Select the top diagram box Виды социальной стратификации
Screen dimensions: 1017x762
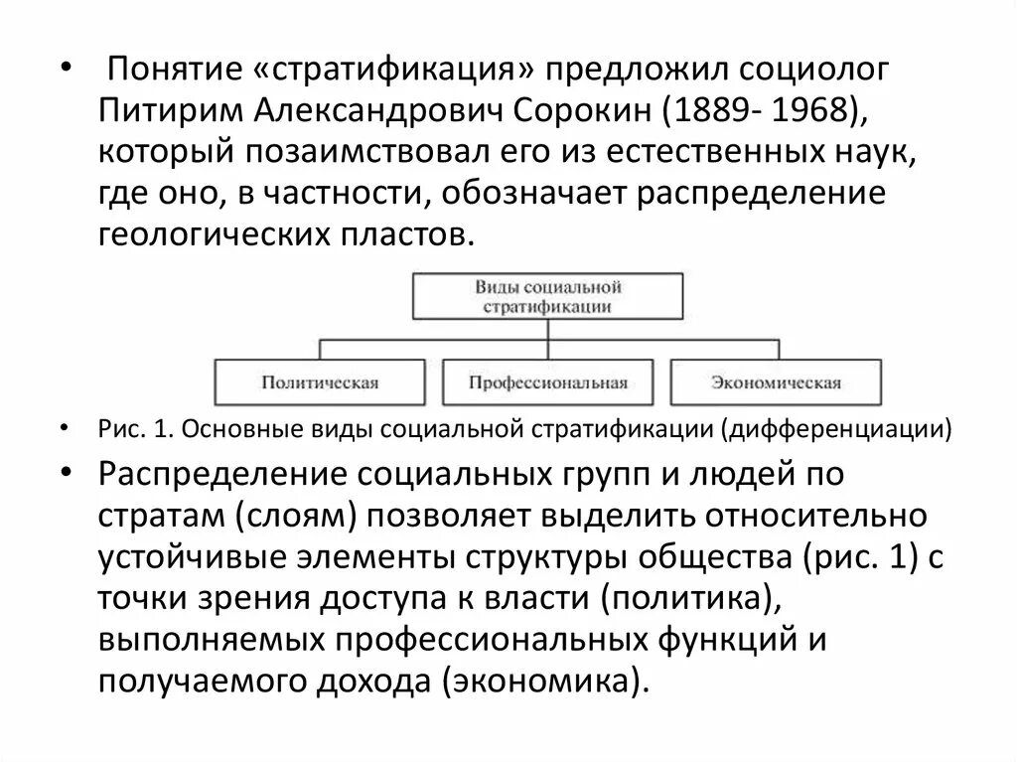(x=547, y=297)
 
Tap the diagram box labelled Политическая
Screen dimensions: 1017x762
(x=321, y=382)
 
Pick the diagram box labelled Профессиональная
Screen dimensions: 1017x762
(x=548, y=382)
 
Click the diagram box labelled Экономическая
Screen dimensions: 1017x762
(x=776, y=382)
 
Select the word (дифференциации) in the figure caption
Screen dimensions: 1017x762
(x=836, y=429)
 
